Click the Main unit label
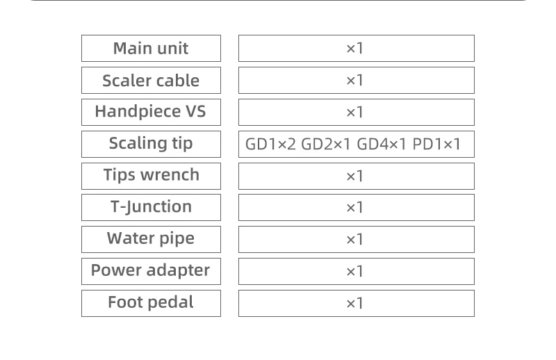tap(151, 49)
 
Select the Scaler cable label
tap(151, 81)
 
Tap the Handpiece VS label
tap(151, 112)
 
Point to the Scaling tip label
tap(151, 144)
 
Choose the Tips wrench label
tap(151, 175)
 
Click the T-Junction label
tap(151, 207)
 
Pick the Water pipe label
tap(151, 239)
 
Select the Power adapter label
tap(151, 270)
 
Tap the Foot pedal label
tap(151, 302)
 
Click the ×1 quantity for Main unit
tap(355, 49)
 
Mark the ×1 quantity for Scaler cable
tap(355, 81)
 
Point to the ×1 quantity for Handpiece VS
tap(355, 113)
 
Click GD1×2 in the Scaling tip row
tap(270, 145)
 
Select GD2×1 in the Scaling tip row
tap(326, 145)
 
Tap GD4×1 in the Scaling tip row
tap(382, 145)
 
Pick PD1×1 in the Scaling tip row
tap(436, 145)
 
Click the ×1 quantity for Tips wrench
tap(355, 177)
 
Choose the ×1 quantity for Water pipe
tap(355, 240)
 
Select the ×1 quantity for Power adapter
tap(355, 272)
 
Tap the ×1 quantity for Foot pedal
tap(355, 304)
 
